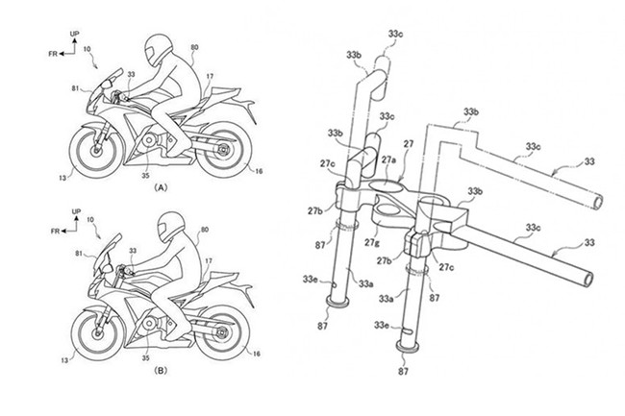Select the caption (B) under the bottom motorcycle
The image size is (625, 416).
tap(161, 371)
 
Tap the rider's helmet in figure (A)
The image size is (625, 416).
tap(159, 49)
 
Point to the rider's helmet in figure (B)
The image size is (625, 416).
tap(171, 227)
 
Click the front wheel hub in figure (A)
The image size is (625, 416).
tap(96, 151)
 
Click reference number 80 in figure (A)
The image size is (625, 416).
tap(194, 47)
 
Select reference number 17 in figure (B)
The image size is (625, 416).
tap(209, 260)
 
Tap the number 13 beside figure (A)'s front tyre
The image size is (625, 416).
tap(63, 178)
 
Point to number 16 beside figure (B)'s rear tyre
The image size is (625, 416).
tap(257, 354)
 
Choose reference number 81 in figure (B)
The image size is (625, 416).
tap(79, 253)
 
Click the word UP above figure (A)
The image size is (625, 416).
tap(75, 34)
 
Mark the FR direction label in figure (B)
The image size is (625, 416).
tap(56, 232)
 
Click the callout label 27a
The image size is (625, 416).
tap(388, 159)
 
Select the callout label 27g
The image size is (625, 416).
tap(371, 242)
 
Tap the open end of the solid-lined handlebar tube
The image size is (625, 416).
tap(587, 279)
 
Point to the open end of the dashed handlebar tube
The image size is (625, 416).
tap(597, 202)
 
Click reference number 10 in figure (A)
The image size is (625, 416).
tap(87, 49)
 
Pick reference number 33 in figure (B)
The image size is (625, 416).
tap(133, 251)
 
